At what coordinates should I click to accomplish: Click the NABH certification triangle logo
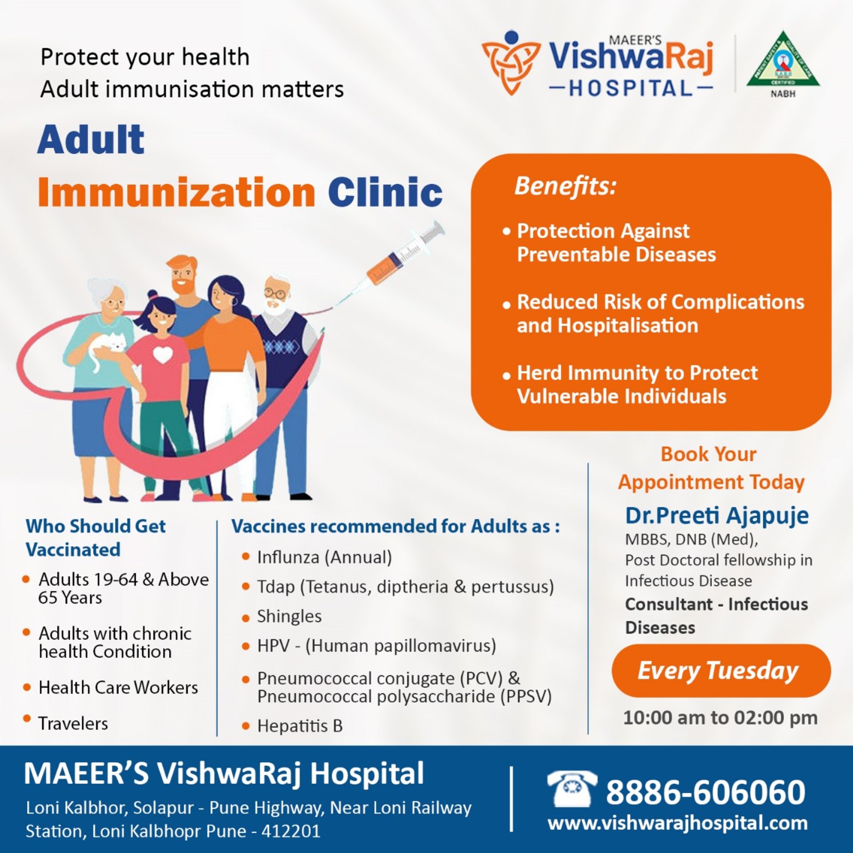point(783,60)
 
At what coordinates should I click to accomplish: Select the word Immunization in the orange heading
point(176,192)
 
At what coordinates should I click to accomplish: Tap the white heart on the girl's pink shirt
point(163,354)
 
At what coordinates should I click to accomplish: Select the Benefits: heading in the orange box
point(565,186)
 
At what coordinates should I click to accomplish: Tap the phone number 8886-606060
point(706,792)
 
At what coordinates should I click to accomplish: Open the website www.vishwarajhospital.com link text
point(678,823)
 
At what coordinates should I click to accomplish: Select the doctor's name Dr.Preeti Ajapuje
point(717,516)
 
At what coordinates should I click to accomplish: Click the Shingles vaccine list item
point(289,616)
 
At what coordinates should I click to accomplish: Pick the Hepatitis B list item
point(300,726)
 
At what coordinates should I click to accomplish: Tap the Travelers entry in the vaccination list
point(73,723)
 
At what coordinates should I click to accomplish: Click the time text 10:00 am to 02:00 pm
point(720,717)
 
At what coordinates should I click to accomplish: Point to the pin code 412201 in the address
point(291,831)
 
